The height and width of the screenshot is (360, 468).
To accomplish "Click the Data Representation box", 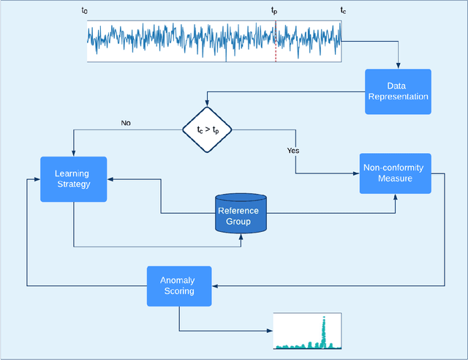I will (398, 91).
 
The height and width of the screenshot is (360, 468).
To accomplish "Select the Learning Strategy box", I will (73, 179).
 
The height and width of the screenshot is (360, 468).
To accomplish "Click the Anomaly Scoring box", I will (179, 285).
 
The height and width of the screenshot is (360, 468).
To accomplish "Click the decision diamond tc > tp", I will (207, 130).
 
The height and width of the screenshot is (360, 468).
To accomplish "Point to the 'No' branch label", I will (126, 123).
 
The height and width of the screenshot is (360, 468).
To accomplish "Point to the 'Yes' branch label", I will (293, 151).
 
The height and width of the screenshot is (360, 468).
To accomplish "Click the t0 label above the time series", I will (83, 10).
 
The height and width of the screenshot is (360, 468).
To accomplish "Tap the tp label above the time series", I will (274, 10).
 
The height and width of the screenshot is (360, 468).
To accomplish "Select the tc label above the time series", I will (343, 10).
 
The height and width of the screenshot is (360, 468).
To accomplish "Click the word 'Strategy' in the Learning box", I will (73, 184).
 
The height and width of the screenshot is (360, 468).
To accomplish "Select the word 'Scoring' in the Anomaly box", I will (179, 291).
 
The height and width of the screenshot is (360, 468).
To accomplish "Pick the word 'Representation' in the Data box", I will (398, 97).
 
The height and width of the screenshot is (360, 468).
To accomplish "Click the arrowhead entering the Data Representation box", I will (398, 67).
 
